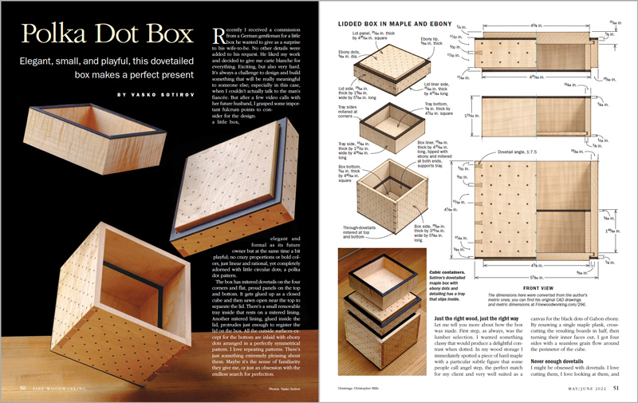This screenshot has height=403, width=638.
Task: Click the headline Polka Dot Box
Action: coord(107,37)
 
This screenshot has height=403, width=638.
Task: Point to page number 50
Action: coord(23,389)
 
